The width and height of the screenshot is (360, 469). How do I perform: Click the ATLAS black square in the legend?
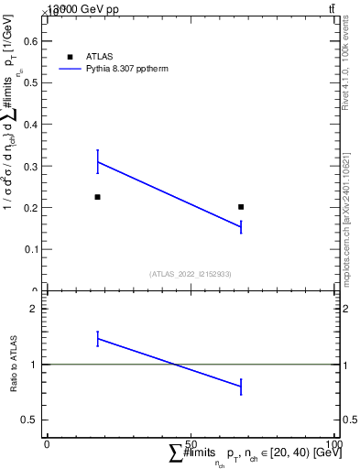click(x=70, y=57)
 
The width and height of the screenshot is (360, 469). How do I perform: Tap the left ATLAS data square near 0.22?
click(x=97, y=197)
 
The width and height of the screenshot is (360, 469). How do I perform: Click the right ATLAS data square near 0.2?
click(x=241, y=207)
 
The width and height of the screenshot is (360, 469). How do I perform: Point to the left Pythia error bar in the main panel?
click(x=97, y=161)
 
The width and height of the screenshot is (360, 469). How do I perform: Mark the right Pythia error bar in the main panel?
click(x=241, y=226)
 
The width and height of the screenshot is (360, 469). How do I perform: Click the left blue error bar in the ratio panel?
click(x=97, y=339)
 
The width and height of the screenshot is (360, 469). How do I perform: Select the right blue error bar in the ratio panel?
click(x=241, y=387)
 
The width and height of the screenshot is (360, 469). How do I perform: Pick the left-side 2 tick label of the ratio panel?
click(x=34, y=310)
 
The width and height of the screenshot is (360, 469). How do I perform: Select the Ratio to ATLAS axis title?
click(x=14, y=364)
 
